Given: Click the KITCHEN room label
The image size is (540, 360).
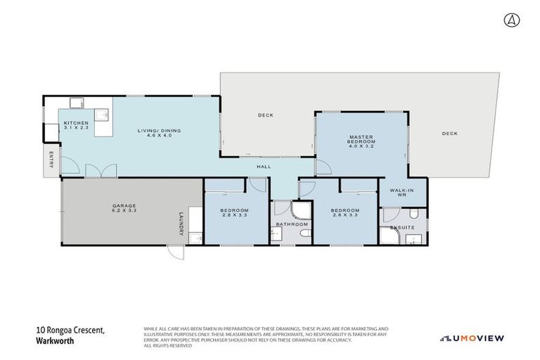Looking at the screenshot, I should click(75, 123).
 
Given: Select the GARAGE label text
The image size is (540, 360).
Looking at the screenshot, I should click(124, 207).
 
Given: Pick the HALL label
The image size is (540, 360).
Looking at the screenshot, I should click(264, 167).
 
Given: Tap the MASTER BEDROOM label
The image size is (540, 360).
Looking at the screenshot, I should click(361, 140).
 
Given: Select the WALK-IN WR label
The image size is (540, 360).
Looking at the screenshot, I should click(400, 191).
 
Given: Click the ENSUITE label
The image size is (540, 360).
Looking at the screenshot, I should click(403, 227).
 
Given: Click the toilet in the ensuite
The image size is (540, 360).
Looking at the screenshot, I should click(415, 214).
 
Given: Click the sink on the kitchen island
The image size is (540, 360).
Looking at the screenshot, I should click(103, 114).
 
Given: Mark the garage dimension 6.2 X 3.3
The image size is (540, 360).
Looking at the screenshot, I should click(124, 211).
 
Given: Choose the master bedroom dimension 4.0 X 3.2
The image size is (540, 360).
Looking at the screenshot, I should click(361, 147).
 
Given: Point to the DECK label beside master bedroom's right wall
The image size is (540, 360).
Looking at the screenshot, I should click(450, 134).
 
